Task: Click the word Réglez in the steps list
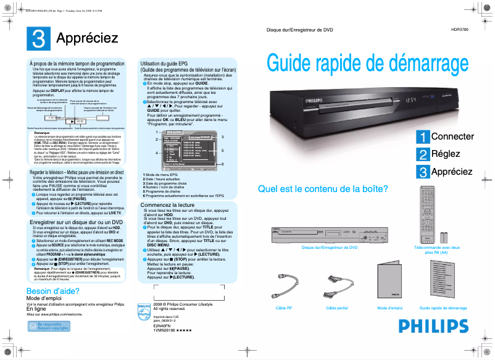point(445,154)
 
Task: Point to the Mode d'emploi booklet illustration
point(389,282)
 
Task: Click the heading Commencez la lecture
point(167,204)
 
